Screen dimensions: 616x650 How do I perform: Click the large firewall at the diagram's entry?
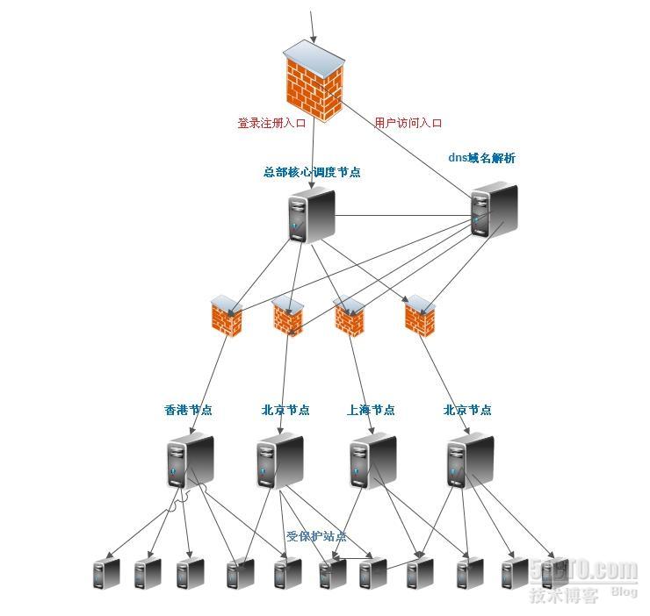[x=313, y=86]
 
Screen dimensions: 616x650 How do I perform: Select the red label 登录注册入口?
[x=271, y=124]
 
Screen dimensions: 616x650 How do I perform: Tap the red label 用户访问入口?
[x=408, y=124]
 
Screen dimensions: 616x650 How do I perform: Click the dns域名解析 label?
[x=481, y=159]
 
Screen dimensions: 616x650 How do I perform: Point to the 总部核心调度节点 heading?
[x=312, y=172]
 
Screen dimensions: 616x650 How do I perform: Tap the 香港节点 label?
[x=188, y=410]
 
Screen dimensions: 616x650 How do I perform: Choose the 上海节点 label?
[x=371, y=410]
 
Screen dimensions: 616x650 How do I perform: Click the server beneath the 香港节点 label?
[x=190, y=461]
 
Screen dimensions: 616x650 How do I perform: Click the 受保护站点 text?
[x=316, y=536]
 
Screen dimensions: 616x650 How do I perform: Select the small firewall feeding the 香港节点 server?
[x=227, y=317]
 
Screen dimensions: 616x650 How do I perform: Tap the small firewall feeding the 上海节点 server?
[x=350, y=317]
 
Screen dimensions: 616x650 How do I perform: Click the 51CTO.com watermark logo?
[x=583, y=570]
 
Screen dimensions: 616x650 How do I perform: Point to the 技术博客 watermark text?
[x=563, y=596]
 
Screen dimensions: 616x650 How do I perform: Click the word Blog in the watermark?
[x=624, y=592]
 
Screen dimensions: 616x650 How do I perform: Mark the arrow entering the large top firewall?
[x=311, y=26]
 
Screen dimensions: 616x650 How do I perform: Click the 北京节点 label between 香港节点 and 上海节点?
[x=285, y=410]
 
